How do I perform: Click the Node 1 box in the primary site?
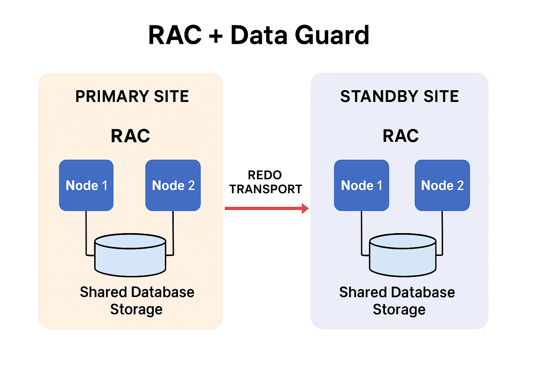(x=86, y=185)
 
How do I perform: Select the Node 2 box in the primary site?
(x=173, y=185)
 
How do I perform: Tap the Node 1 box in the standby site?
(x=361, y=185)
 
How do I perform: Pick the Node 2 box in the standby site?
(x=442, y=185)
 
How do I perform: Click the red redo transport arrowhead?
(x=305, y=209)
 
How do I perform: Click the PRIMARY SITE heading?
(x=132, y=96)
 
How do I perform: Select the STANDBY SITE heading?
(x=400, y=96)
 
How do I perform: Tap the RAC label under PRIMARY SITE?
(x=131, y=136)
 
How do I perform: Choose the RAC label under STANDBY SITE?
(x=401, y=136)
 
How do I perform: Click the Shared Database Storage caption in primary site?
(x=137, y=300)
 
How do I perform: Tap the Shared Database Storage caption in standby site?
(x=397, y=300)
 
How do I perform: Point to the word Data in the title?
(x=259, y=35)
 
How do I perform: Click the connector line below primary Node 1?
(x=86, y=232)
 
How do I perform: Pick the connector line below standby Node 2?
(x=442, y=232)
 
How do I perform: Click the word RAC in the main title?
(x=175, y=35)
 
